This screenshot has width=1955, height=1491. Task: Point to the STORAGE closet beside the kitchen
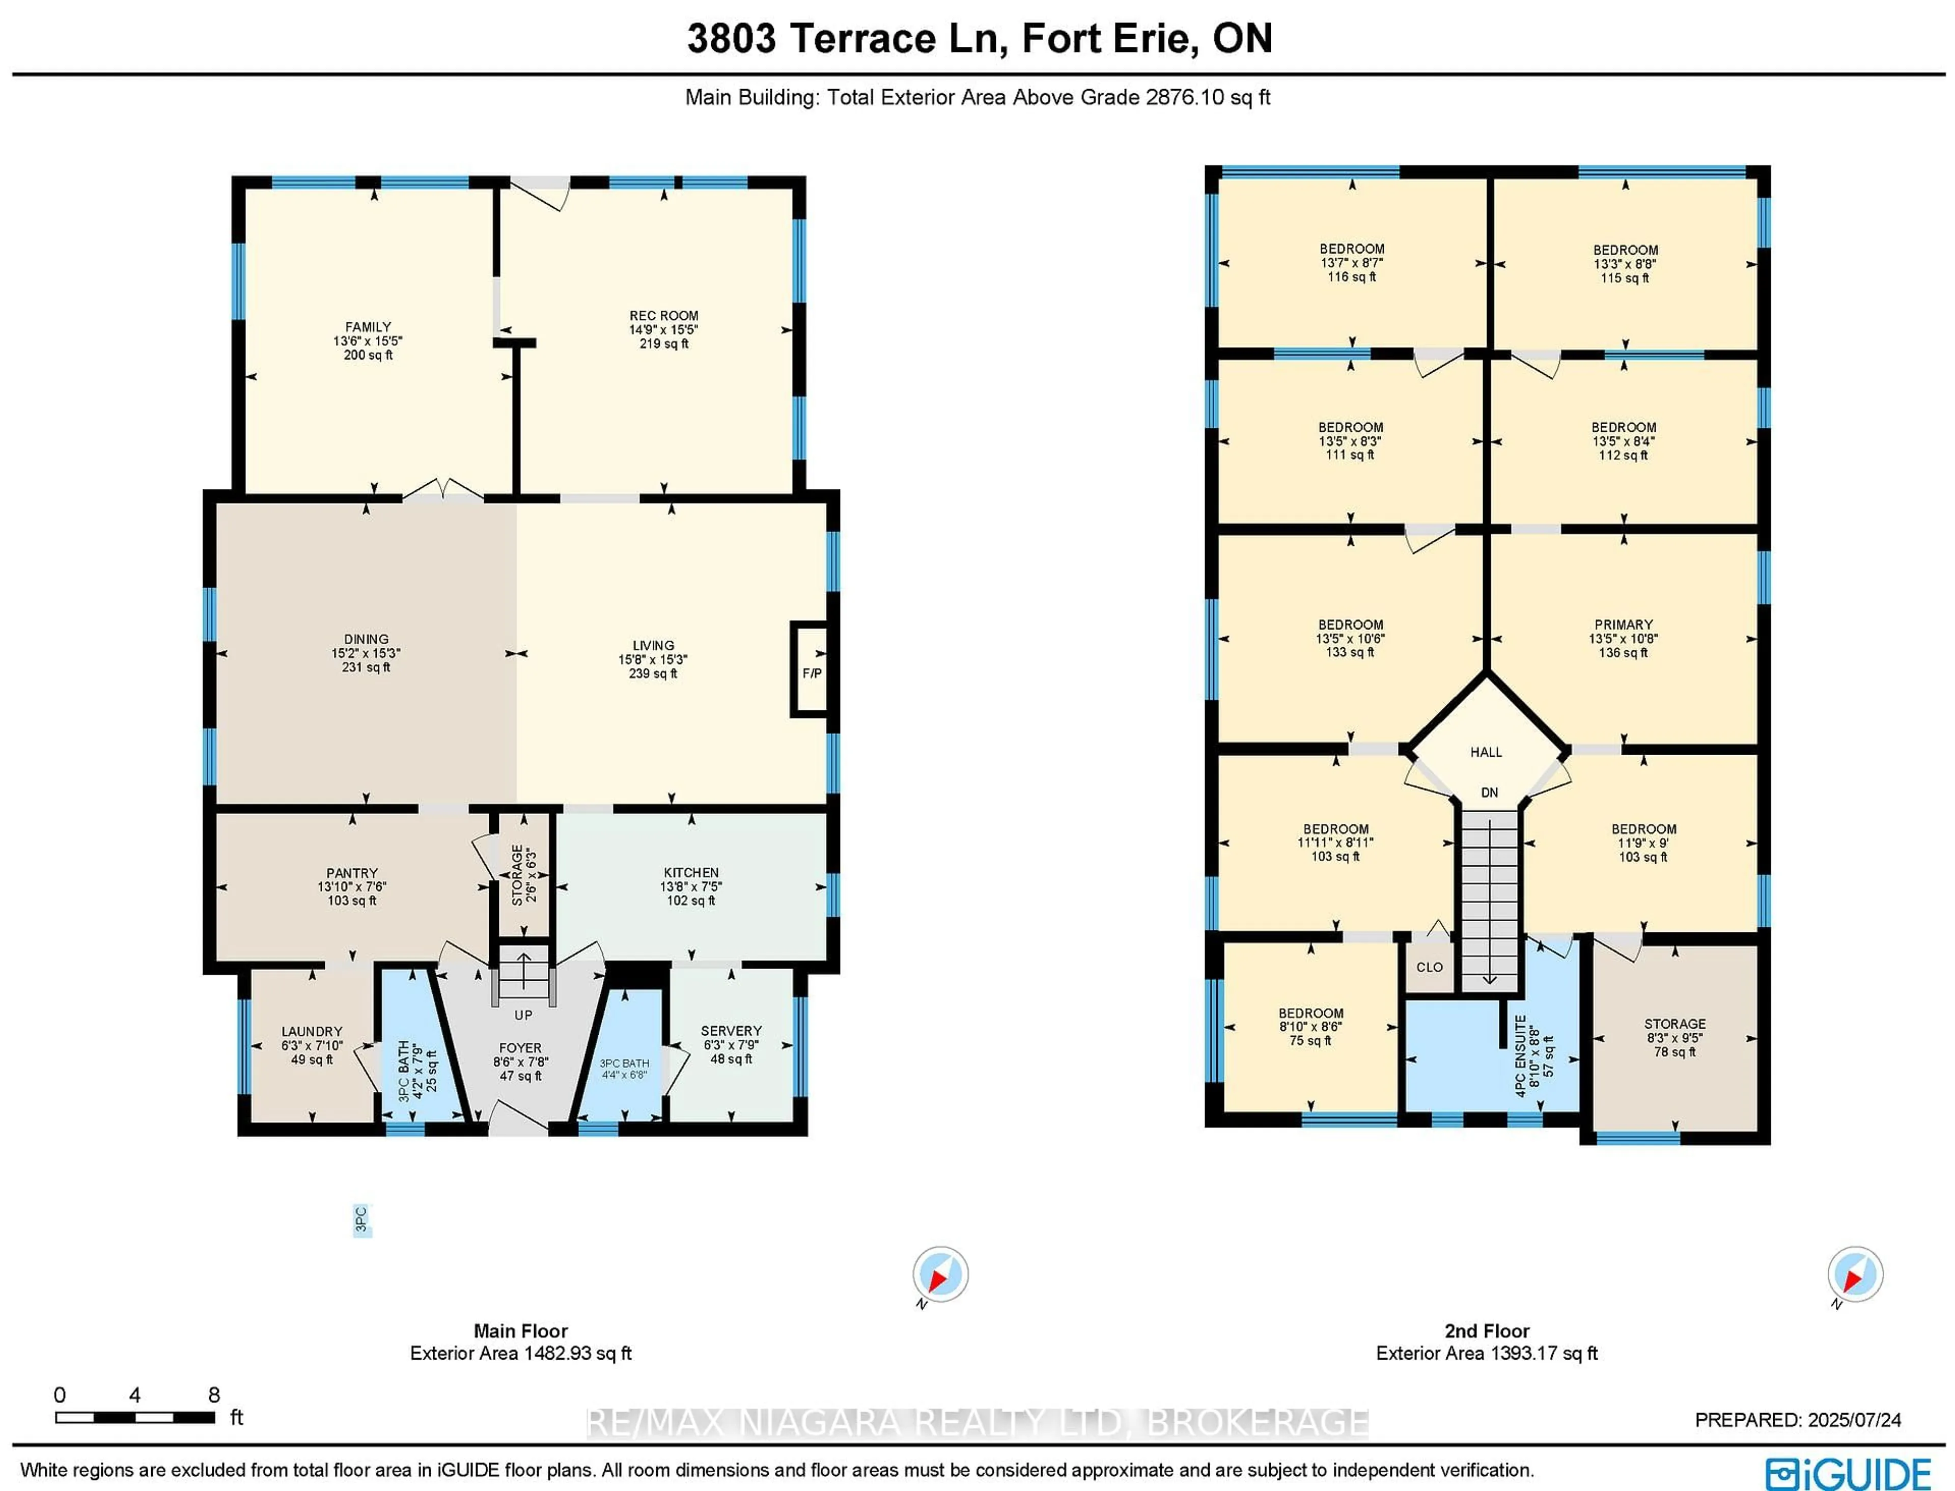pos(523,874)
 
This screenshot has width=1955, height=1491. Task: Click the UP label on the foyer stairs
pos(523,1014)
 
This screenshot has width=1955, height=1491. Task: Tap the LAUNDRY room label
pos(312,1031)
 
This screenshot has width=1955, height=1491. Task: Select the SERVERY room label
pos(731,1030)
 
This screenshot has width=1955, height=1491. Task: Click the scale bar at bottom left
pos(135,1417)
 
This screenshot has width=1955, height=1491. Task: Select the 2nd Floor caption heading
pos(1487,1331)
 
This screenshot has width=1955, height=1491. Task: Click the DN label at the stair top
pos(1489,792)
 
